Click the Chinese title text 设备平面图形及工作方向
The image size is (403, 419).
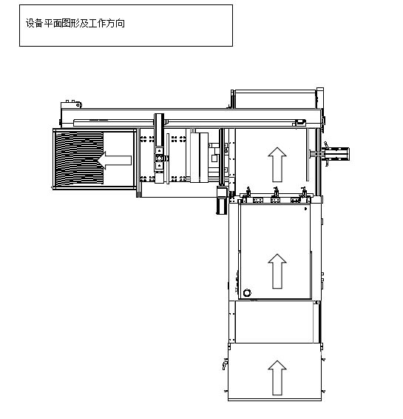[x=75, y=23]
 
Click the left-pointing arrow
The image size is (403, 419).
[x=115, y=161]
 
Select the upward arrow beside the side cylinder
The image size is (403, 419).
[x=277, y=164]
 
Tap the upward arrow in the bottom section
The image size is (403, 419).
[x=277, y=378]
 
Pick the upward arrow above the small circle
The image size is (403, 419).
[x=277, y=271]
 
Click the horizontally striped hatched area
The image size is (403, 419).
[x=79, y=158]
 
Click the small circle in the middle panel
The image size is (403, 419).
[x=247, y=292]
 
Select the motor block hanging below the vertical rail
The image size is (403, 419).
[x=222, y=201]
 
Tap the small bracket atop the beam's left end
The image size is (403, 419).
[x=71, y=104]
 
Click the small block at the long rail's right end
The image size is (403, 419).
[x=301, y=122]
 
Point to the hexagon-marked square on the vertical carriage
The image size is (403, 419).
[x=159, y=158]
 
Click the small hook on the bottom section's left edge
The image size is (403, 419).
[x=226, y=364]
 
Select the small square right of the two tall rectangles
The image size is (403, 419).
[x=214, y=158]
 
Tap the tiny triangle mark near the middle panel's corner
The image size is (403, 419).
[x=306, y=209]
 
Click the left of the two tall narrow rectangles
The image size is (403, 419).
[x=194, y=158]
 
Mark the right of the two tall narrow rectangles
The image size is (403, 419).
[x=204, y=158]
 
